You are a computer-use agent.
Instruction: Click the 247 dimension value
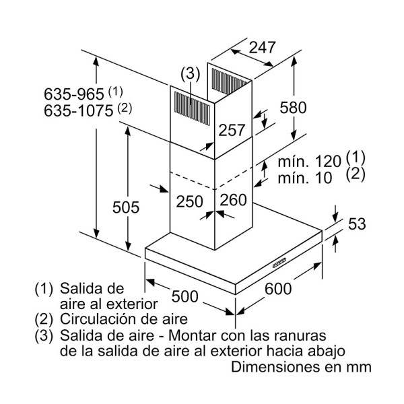pyautogui.click(x=263, y=48)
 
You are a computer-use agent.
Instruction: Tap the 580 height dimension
pyautogui.click(x=293, y=107)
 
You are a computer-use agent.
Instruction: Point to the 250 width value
pyautogui.click(x=190, y=200)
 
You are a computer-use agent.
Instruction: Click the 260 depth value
pyautogui.click(x=233, y=200)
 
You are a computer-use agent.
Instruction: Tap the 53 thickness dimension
pyautogui.click(x=357, y=224)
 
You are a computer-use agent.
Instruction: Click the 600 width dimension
pyautogui.click(x=278, y=290)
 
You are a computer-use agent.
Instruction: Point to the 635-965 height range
pyautogui.click(x=73, y=92)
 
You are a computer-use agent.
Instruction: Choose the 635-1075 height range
pyautogui.click(x=77, y=110)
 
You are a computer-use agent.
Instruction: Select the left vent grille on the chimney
pyautogui.click(x=191, y=106)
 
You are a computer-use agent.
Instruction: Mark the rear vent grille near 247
pyautogui.click(x=228, y=79)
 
